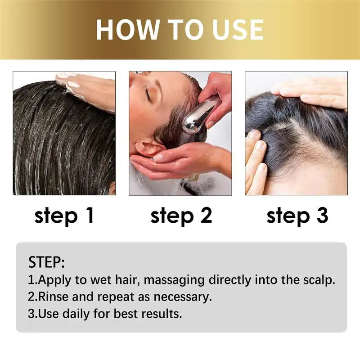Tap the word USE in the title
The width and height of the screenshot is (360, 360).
[x=233, y=29]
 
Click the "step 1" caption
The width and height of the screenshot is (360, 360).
[x=64, y=216]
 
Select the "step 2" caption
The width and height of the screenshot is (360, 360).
[x=181, y=216]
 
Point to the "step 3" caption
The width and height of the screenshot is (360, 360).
[x=297, y=216]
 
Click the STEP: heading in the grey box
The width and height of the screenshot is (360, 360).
[x=46, y=262]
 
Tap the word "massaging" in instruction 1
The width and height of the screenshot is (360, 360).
[x=175, y=280]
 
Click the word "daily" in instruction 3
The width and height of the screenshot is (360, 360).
[x=75, y=314]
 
